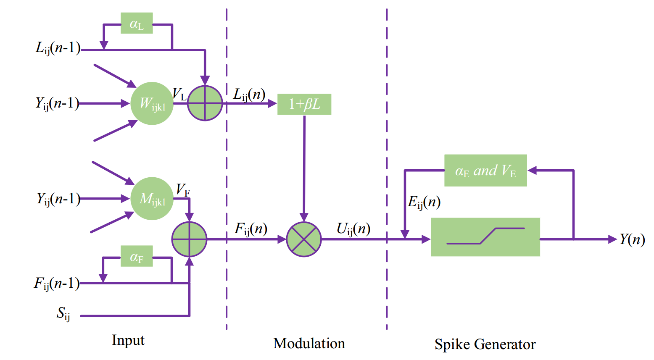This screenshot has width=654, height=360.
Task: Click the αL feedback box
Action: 137,24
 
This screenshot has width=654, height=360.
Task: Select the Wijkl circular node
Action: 152,103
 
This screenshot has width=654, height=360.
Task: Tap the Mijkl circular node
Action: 152,199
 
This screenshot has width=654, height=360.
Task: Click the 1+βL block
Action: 304,104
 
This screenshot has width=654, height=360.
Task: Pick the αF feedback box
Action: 137,256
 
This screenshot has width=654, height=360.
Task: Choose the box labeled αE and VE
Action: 485,171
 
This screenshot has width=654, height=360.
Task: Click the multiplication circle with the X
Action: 304,239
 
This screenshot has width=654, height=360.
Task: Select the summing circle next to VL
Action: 205,103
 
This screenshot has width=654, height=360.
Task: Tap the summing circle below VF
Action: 190,239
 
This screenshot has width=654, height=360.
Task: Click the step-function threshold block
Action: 485,237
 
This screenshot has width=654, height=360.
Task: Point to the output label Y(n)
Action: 632,239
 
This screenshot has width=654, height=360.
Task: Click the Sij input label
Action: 63,314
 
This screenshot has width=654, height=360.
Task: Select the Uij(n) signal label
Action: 353,229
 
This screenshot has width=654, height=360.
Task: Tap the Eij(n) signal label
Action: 424,202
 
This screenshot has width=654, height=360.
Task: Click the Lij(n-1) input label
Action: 58,48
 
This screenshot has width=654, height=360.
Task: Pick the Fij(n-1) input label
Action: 57,284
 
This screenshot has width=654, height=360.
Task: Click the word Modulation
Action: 309,344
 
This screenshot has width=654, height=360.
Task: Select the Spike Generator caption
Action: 485,344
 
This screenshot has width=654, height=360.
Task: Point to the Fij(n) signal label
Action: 251,229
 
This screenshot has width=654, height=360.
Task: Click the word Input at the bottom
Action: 128,340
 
